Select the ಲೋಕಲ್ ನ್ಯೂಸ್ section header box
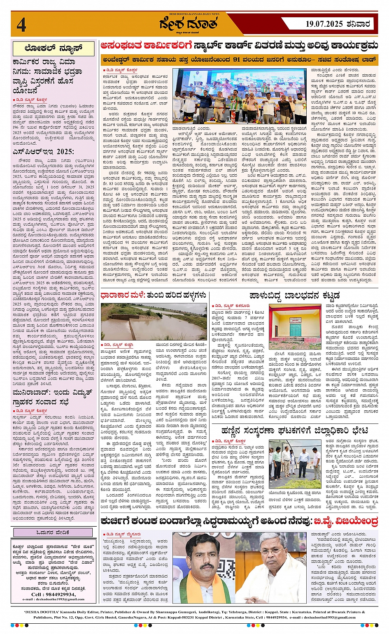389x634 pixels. pos(54,49)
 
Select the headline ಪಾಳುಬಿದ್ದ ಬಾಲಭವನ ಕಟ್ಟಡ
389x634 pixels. pos(294,296)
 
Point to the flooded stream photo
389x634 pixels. pos(154,322)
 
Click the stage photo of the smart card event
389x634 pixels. pos(239,96)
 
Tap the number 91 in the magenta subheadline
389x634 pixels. pos(236,59)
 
